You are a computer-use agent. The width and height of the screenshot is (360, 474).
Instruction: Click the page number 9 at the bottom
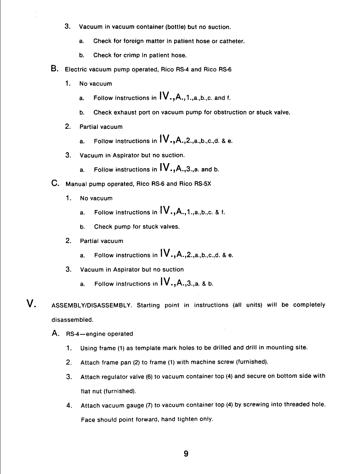tap(186, 454)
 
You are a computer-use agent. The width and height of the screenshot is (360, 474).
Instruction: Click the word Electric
tap(76, 69)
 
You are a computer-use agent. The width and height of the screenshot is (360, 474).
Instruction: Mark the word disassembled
tap(72, 320)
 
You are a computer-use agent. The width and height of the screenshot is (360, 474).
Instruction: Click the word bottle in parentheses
tap(175, 27)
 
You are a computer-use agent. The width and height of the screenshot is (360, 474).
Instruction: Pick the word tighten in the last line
tap(189, 419)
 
